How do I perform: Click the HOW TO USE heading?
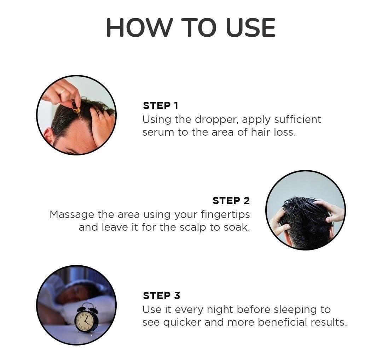191,28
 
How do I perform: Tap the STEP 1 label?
161,106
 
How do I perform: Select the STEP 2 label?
231,201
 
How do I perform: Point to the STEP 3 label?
161,295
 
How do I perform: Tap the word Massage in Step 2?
72,214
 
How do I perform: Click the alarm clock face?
85,320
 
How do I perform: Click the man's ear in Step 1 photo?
48,136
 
